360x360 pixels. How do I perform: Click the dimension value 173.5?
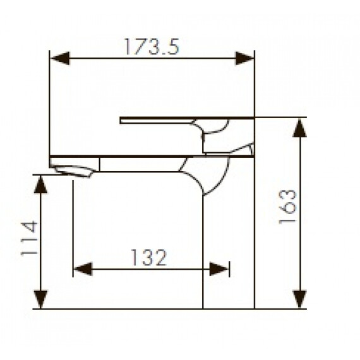coord(152,46)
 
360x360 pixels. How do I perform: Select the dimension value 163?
coord(287,207)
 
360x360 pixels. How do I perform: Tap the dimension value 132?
coord(148,258)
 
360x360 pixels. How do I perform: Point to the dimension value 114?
coord(29,238)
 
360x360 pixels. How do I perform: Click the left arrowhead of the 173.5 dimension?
coord(60,58)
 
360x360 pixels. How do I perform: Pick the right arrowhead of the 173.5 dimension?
coord(245,58)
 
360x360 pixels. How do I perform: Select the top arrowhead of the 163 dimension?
coord(299,128)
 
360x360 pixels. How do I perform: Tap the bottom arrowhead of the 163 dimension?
coord(299,299)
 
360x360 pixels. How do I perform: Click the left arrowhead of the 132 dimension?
coord(83,269)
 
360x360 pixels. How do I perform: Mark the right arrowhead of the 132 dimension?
coord(219,269)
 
